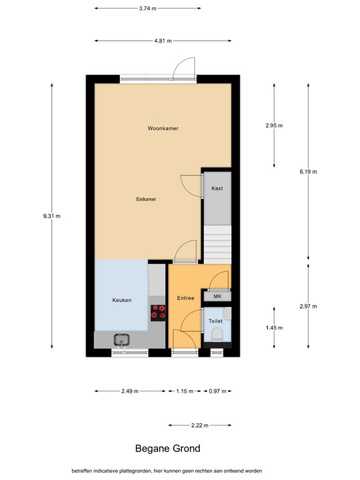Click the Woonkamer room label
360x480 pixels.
(163, 128)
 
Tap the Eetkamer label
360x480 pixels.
(146, 199)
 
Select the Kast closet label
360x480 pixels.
(217, 188)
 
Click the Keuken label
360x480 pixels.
(121, 301)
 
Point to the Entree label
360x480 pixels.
(186, 298)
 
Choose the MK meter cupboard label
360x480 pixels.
(217, 297)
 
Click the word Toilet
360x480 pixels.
(216, 321)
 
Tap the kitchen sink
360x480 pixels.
(121, 339)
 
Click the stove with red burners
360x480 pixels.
(157, 311)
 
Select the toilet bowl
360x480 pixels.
(217, 336)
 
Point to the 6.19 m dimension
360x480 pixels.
(308, 171)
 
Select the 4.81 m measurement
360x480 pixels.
(164, 41)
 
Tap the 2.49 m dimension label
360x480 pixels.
(129, 391)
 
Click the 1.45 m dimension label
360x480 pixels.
(274, 327)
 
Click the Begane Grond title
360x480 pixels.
(168, 448)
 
